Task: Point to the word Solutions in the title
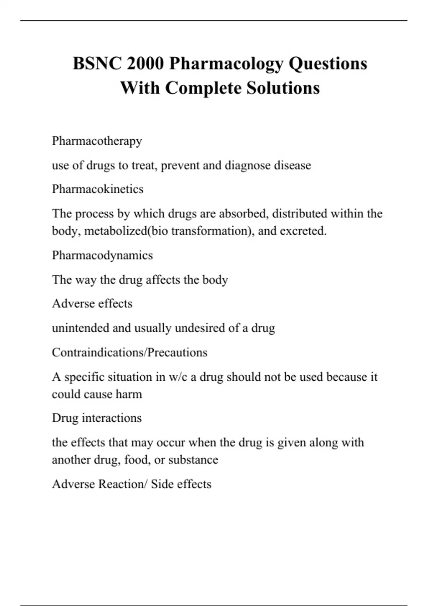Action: [283, 88]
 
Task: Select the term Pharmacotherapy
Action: [97, 141]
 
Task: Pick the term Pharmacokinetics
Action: [98, 189]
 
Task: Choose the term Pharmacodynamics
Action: [102, 255]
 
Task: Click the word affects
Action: [163, 280]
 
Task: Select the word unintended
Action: [80, 328]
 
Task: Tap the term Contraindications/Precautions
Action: [129, 352]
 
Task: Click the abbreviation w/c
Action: [178, 377]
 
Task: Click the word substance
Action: [193, 460]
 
